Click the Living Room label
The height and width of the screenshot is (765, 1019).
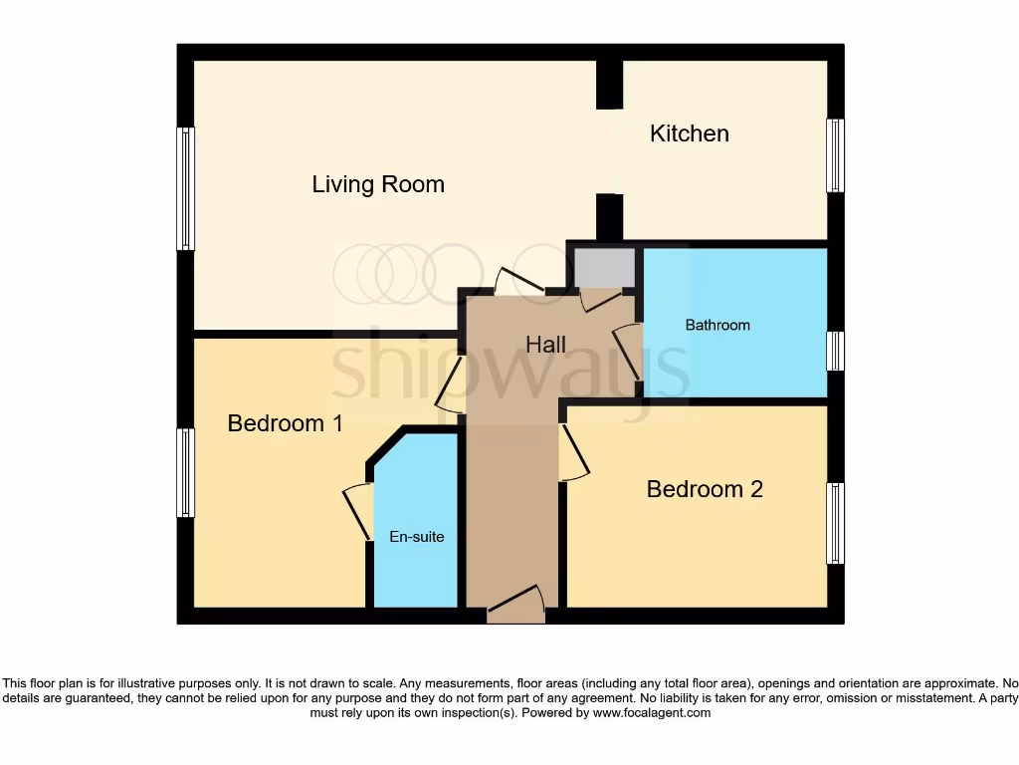[x=378, y=184]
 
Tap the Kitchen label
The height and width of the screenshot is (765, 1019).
[x=689, y=133]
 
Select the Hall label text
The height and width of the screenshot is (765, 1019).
[x=545, y=345]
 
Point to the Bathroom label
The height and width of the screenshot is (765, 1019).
[x=716, y=325]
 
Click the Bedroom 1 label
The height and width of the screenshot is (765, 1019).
[x=285, y=423]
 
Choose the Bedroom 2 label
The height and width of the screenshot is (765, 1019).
[x=705, y=489]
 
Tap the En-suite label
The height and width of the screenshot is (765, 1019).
[x=416, y=537]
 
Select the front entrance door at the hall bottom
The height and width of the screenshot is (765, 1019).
[x=515, y=604]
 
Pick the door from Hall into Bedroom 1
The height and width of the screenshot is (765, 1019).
[x=450, y=384]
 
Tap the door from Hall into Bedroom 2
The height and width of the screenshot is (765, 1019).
[x=573, y=454]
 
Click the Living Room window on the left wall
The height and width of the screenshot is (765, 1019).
[x=185, y=188]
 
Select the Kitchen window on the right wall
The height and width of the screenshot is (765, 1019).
[x=836, y=155]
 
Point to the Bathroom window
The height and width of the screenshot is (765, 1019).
[x=836, y=351]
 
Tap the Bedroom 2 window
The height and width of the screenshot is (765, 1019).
[x=836, y=524]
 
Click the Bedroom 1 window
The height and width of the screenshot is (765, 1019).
[x=185, y=473]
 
